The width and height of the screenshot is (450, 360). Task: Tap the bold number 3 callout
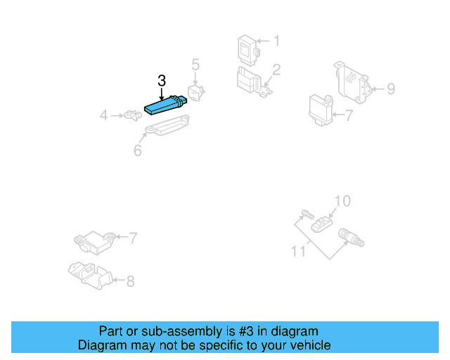pyautogui.click(x=162, y=81)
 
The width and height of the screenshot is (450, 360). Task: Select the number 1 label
pyautogui.click(x=276, y=41)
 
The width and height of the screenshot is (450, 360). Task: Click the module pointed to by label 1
pyautogui.click(x=247, y=48)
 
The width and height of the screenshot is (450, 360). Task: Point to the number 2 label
pyautogui.click(x=276, y=70)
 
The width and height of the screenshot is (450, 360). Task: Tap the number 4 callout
pyautogui.click(x=104, y=115)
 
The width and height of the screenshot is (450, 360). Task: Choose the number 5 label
pyautogui.click(x=196, y=65)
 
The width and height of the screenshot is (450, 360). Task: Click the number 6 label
pyautogui.click(x=138, y=150)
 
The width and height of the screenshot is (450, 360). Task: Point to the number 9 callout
pyautogui.click(x=390, y=89)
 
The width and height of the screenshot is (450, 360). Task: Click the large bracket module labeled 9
pyautogui.click(x=355, y=82)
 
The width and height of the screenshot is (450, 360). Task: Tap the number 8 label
pyautogui.click(x=129, y=281)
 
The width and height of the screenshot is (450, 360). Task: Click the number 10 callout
pyautogui.click(x=341, y=202)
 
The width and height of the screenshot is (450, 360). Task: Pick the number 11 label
pyautogui.click(x=299, y=250)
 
